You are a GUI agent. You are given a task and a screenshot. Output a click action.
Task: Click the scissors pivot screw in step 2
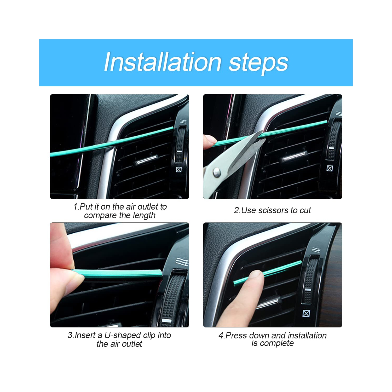coord(217,172)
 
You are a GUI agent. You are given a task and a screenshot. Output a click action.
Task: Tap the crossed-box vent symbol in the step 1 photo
coord(179,169)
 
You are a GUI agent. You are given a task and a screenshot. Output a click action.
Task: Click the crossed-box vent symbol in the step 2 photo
coord(330,168)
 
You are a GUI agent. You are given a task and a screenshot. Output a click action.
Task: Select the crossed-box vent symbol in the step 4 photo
coord(306,313)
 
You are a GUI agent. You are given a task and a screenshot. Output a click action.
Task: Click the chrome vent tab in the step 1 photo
coord(146,160)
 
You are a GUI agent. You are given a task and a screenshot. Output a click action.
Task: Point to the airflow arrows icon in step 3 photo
coord(182,262)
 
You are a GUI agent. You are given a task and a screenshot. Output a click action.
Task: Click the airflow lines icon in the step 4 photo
coord(316,250)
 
